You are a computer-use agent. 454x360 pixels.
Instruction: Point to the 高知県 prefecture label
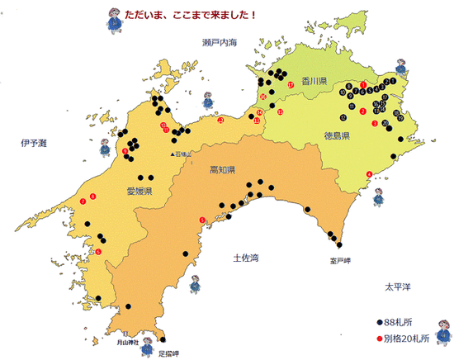[x=222, y=171]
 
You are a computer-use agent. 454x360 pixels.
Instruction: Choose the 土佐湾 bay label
[x=246, y=258]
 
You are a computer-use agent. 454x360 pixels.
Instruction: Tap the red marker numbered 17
[x=291, y=85]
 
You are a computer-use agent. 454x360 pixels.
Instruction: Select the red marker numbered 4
[x=368, y=173]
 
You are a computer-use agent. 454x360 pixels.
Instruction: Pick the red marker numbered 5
[x=202, y=219]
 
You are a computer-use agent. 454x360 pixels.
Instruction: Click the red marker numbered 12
[x=220, y=121]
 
